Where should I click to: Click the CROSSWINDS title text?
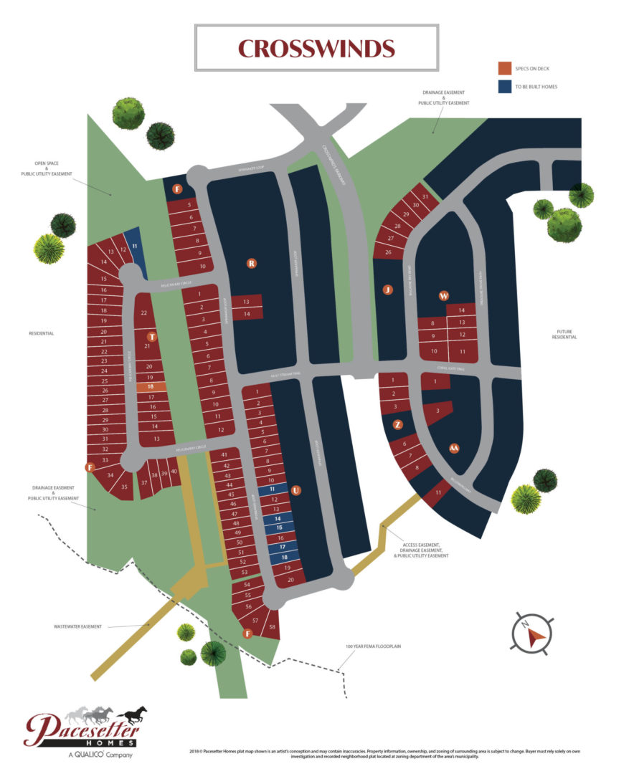pyautogui.click(x=316, y=48)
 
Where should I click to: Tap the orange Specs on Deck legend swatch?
pyautogui.click(x=505, y=68)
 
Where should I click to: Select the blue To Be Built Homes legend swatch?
pyautogui.click(x=505, y=87)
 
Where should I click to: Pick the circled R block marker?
pyautogui.click(x=252, y=264)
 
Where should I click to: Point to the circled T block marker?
pyautogui.click(x=151, y=336)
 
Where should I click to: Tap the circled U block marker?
pyautogui.click(x=295, y=491)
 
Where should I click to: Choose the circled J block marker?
pyautogui.click(x=388, y=290)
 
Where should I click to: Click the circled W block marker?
pyautogui.click(x=444, y=295)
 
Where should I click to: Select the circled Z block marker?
pyautogui.click(x=398, y=424)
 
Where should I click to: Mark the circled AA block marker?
pyautogui.click(x=453, y=449)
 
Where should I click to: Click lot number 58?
pyautogui.click(x=273, y=627)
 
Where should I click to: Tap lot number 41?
pyautogui.click(x=224, y=455)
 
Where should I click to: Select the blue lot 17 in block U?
pyautogui.click(x=273, y=547)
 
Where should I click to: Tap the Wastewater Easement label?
pyautogui.click(x=77, y=626)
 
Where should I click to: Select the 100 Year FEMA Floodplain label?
pyautogui.click(x=372, y=646)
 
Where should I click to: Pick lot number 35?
pyautogui.click(x=124, y=487)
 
